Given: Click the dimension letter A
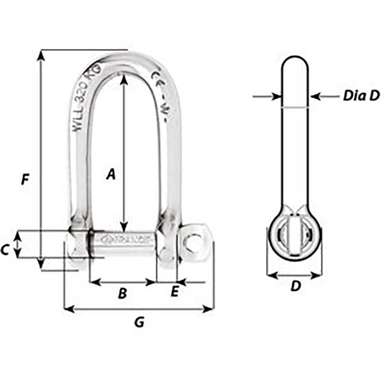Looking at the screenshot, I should [x=111, y=174].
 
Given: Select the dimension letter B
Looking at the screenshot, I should [x=123, y=293].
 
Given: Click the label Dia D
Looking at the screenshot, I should [x=361, y=96].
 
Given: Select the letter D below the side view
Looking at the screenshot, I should [x=295, y=286].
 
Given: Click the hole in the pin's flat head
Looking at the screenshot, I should [x=192, y=241].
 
